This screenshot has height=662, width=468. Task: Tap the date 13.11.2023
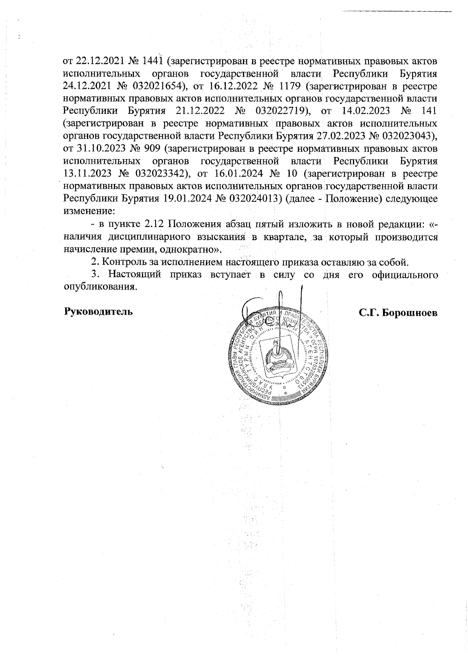[x=88, y=173]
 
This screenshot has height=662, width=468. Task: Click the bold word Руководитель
[x=98, y=312]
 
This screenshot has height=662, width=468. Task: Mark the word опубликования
[x=100, y=287]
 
